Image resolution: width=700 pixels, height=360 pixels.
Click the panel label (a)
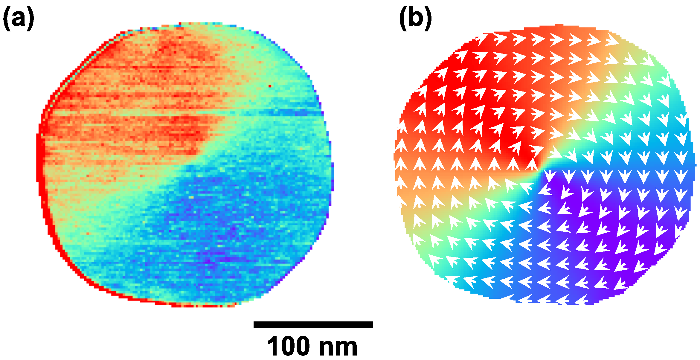coord(19,19)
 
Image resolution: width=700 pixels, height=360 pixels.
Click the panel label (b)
coord(415,19)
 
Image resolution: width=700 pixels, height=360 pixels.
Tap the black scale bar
coord(313,325)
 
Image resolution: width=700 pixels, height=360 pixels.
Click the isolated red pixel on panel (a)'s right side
coord(270,86)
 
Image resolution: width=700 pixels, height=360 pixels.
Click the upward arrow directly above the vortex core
coord(532,164)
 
